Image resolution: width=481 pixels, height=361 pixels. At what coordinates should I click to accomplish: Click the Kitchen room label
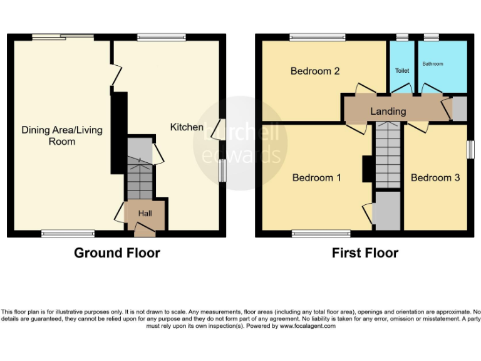(x=187, y=127)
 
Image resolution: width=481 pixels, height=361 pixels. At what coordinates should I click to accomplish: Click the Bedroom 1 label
(x=317, y=178)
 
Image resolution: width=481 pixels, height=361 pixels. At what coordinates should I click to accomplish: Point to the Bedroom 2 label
(x=315, y=71)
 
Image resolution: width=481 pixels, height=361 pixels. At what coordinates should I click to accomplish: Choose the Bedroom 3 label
(x=435, y=178)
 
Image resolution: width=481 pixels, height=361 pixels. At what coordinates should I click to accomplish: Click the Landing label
(x=388, y=111)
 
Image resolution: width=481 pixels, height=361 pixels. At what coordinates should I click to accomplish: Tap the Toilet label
(x=402, y=71)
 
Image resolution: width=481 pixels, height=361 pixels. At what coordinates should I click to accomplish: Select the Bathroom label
(x=433, y=64)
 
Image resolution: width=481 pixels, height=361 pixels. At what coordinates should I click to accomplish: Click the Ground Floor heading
(x=117, y=253)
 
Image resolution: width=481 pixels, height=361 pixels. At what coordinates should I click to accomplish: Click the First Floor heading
(x=365, y=253)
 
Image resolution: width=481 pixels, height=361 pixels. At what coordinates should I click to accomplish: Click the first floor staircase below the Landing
(x=387, y=154)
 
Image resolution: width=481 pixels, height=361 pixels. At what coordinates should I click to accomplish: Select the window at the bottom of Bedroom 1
(x=317, y=234)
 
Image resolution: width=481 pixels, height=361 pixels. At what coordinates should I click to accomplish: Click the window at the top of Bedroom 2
(x=318, y=37)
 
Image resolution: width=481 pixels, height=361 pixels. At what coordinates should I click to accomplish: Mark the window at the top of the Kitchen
(x=162, y=37)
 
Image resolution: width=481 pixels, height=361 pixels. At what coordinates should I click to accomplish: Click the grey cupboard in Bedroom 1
(x=387, y=211)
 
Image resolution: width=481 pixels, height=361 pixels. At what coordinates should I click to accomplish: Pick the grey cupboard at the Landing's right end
(x=460, y=108)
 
